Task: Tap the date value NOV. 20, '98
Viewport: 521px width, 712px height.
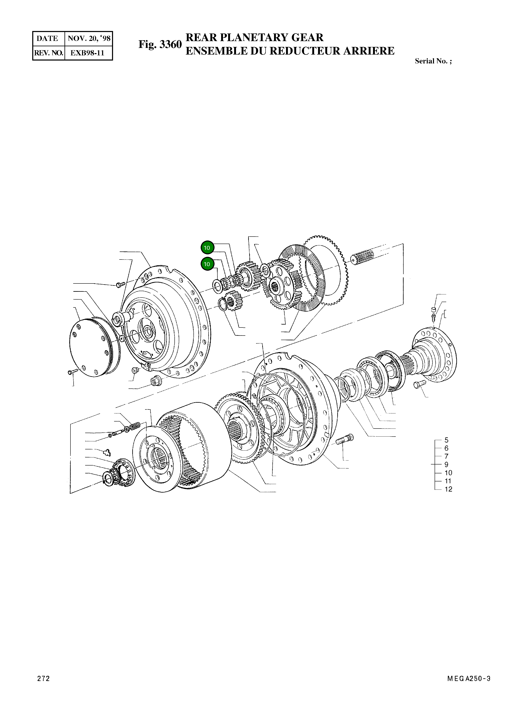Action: tap(89, 38)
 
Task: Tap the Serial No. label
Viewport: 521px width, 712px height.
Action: tap(433, 61)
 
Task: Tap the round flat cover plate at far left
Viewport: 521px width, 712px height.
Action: tap(90, 347)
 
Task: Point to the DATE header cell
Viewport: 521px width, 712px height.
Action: tap(48, 38)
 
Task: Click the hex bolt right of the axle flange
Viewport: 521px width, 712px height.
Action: tap(420, 384)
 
